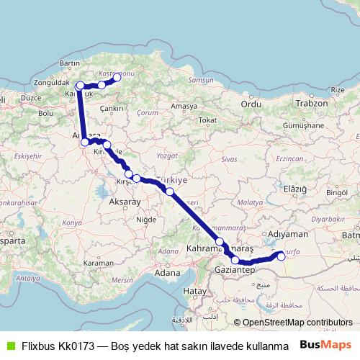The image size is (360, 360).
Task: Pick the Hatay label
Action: tap(194, 290)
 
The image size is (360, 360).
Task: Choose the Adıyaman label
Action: tap(288, 234)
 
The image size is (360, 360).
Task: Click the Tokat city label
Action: tap(207, 120)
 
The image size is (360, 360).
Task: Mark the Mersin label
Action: tap(123, 279)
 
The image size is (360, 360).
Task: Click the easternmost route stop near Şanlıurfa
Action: tap(281, 255)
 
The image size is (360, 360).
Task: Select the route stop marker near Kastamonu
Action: tap(117, 78)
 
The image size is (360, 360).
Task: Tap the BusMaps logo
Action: tap(325, 345)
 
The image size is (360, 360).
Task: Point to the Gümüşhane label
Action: tap(307, 125)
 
